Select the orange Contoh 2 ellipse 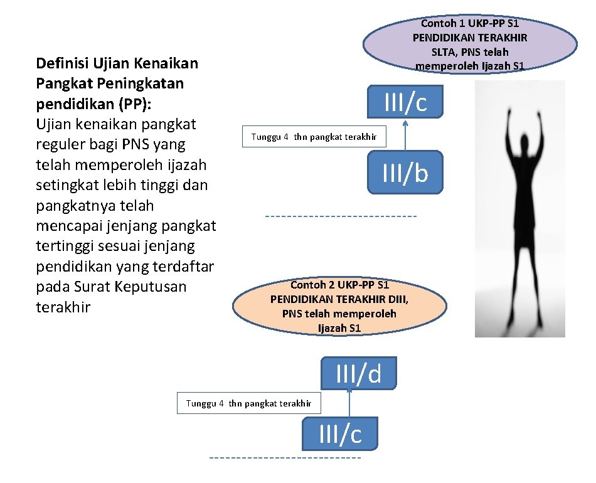pos(339,306)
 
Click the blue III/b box pos(405,172)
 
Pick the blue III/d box pos(358,373)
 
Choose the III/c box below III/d pos(340,433)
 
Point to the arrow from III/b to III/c pos(405,133)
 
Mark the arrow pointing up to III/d pos(349,402)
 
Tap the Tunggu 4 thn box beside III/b pos(314,136)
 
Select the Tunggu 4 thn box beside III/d pos(248,403)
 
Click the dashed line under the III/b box pos(341,216)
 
